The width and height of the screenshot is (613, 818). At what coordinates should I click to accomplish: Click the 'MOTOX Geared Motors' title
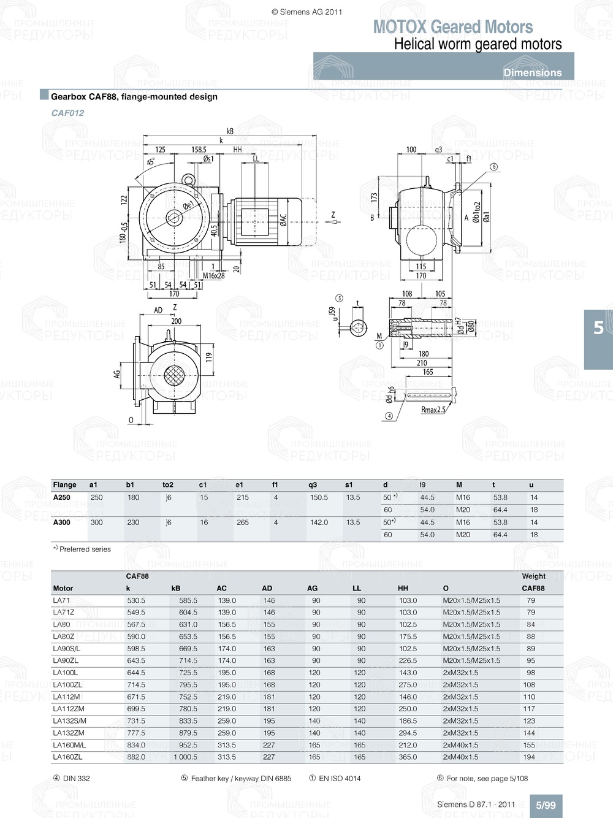pos(453,27)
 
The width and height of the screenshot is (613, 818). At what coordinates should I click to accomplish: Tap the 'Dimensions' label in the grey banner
pos(532,72)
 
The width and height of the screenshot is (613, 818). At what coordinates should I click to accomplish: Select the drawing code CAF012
pos(67,113)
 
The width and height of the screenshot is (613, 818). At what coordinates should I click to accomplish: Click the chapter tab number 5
pos(598,328)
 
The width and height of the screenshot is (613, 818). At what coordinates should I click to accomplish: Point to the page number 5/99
pos(546,805)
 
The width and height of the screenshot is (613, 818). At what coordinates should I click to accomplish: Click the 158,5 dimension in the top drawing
pos(199,150)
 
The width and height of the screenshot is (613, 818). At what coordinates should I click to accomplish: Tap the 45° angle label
pos(150,162)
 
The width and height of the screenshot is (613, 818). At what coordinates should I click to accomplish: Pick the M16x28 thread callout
pos(213,276)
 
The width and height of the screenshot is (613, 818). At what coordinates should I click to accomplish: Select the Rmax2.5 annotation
pos(433,410)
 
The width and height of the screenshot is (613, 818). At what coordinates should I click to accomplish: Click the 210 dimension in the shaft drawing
pos(422,363)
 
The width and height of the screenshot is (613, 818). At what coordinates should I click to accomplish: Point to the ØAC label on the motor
pos(283,221)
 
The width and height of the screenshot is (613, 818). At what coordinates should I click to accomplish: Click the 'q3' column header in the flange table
pos(313,485)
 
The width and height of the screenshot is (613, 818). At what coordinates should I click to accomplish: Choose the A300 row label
pos(61,522)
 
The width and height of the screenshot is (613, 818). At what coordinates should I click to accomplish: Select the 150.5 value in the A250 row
pos(319,497)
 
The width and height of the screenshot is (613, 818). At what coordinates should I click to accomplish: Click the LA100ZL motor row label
pos(67,685)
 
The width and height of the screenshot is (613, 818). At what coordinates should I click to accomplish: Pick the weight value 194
pos(529,757)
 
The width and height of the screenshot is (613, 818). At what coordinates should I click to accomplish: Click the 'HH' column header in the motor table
pos(403,588)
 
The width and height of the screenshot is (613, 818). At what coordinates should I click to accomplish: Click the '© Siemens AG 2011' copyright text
pos(306,12)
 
